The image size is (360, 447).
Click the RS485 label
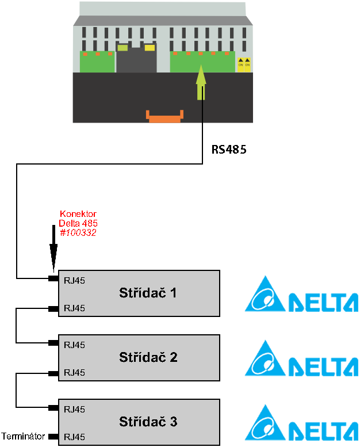228,151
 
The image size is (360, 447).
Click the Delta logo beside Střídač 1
301,295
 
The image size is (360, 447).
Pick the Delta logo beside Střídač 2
301,358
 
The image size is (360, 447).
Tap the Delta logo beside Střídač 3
301,423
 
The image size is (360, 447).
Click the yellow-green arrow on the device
201,83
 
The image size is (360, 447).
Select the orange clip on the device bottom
164,117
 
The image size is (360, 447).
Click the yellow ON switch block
244,64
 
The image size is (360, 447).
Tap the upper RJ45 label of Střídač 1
75,281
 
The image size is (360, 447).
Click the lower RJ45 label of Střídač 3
75,436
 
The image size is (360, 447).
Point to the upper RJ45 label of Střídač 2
75,345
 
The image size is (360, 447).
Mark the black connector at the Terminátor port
53,436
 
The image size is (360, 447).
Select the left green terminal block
97,62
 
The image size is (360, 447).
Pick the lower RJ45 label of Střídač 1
75,308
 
